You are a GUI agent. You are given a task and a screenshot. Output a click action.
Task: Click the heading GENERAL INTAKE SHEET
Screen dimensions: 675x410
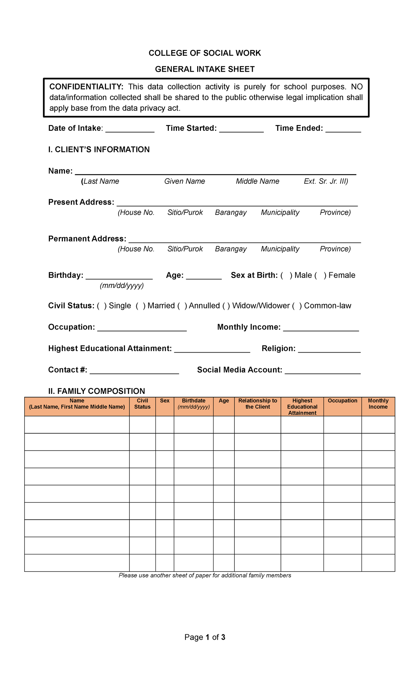pyautogui.click(x=205, y=69)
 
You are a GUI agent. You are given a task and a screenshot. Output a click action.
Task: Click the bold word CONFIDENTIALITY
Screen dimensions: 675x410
pyautogui.click(x=86, y=87)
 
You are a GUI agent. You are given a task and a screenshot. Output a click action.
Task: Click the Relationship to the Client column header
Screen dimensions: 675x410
pyautogui.click(x=258, y=404)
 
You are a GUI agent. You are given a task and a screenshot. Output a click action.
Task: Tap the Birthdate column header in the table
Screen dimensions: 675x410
pyautogui.click(x=193, y=404)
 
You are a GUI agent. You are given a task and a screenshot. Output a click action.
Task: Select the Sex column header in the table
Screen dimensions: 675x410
pyautogui.click(x=165, y=401)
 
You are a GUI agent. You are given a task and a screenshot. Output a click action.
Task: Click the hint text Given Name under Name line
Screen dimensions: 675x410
pyautogui.click(x=184, y=181)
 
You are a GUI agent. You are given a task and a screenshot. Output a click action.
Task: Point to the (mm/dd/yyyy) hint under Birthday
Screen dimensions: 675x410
pyautogui.click(x=122, y=286)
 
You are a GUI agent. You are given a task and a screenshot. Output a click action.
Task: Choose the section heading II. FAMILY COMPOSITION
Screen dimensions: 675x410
pyautogui.click(x=97, y=391)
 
